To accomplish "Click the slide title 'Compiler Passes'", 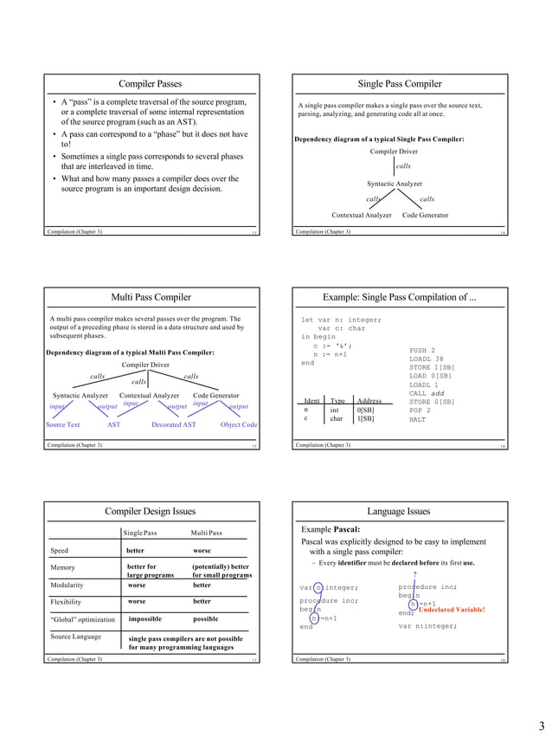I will [150, 84].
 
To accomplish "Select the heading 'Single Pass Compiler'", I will [400, 84].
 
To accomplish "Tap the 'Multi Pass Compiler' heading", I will [150, 298].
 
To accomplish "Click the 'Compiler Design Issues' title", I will [150, 511].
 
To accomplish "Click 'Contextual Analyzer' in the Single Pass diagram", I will [362, 215].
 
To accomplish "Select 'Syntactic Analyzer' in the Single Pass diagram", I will [395, 184].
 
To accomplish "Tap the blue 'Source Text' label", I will [62, 425].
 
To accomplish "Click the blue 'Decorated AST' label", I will [174, 425].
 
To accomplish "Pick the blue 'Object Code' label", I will [239, 425].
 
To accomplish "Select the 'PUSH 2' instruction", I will [422, 350].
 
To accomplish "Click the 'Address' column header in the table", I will [369, 401].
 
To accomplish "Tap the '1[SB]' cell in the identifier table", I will [366, 418].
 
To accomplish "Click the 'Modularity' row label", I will [67, 585].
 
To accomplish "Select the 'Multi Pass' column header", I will [206, 533].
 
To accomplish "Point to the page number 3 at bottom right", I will [541, 725].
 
